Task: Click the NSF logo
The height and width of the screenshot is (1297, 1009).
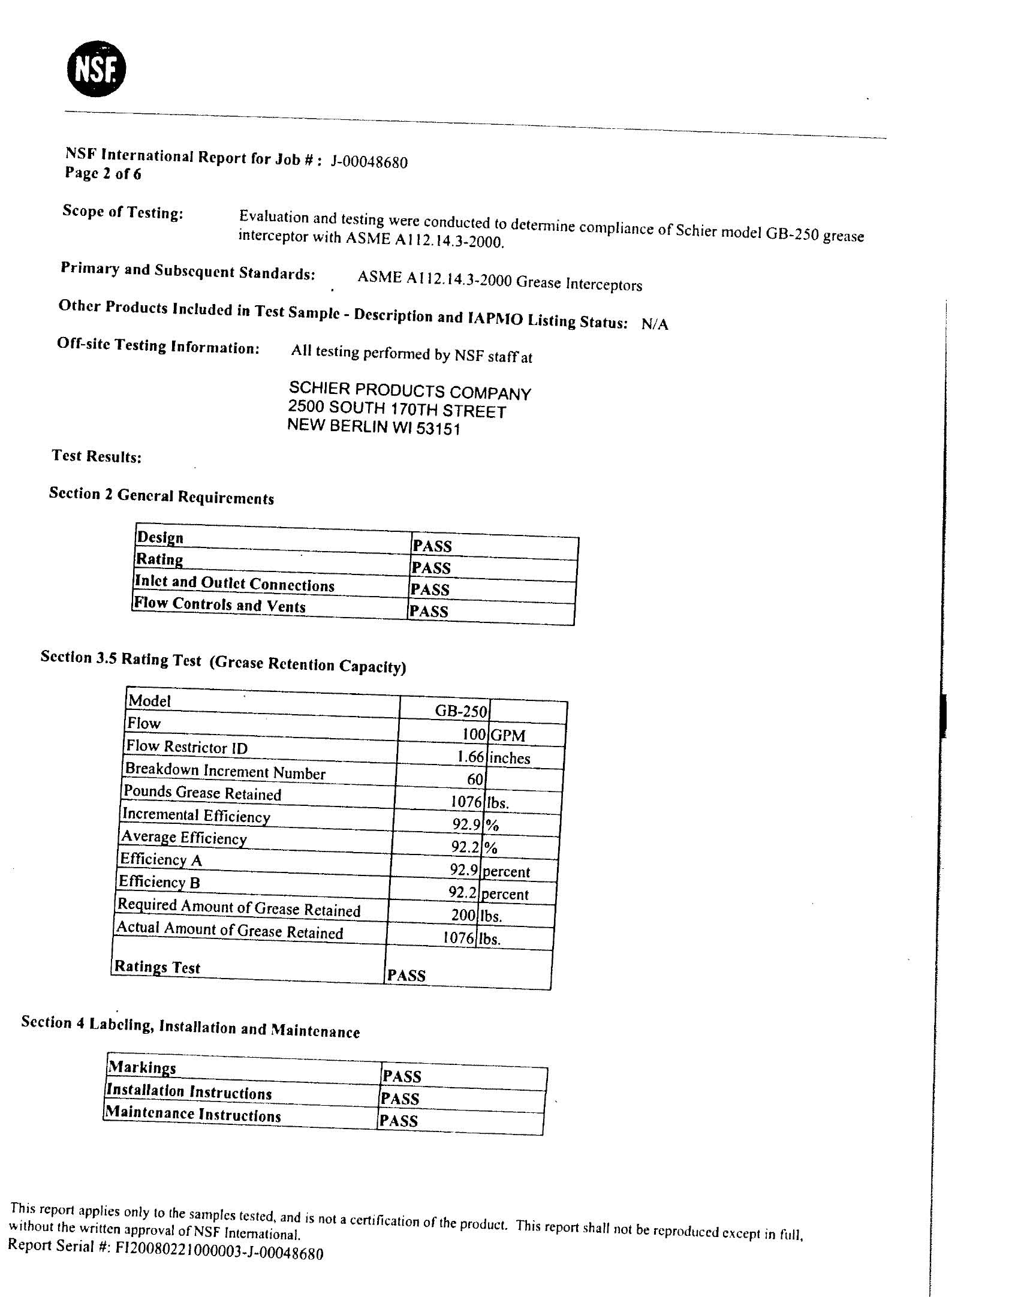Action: [96, 69]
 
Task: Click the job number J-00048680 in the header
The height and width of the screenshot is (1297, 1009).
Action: [369, 162]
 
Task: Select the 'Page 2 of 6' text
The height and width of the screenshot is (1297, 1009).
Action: [103, 174]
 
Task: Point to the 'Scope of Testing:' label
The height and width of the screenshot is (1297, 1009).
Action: [123, 212]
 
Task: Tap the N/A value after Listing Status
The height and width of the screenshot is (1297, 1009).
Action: [654, 324]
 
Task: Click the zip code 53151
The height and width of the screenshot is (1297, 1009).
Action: [438, 429]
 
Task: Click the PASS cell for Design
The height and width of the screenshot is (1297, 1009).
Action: [432, 546]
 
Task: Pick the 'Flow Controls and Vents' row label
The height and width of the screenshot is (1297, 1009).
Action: [219, 604]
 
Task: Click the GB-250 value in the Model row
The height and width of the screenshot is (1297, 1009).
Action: [460, 711]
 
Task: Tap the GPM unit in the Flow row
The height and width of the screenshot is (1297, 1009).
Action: [507, 735]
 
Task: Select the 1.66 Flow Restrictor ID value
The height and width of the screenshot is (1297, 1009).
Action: [470, 757]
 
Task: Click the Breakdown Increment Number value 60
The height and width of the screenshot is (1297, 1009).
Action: [475, 779]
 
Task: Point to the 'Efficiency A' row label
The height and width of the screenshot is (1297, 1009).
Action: [161, 860]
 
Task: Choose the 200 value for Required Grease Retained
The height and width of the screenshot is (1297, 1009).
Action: [463, 915]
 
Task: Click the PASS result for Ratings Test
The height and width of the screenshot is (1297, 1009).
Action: [406, 976]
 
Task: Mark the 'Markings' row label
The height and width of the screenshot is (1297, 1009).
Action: [142, 1068]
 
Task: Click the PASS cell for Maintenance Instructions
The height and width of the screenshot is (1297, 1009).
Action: [399, 1121]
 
